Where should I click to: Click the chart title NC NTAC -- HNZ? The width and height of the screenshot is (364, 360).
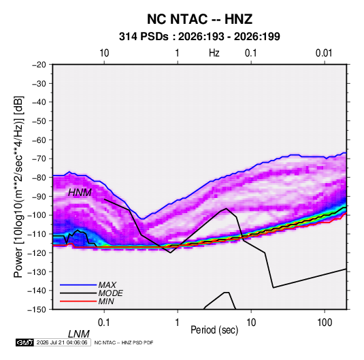[x=199, y=19]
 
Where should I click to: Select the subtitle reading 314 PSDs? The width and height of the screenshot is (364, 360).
[x=144, y=37]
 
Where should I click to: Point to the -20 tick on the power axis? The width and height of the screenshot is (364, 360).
[x=39, y=65]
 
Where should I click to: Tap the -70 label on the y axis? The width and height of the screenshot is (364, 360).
[x=39, y=159]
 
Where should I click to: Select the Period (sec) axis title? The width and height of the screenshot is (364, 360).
[x=214, y=329]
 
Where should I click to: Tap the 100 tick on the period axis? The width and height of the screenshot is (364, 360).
[x=325, y=323]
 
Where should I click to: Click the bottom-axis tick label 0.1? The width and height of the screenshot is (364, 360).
[x=103, y=323]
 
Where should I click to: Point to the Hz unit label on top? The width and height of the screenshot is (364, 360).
[x=214, y=53]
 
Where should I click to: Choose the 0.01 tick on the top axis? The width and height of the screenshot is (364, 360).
[x=324, y=53]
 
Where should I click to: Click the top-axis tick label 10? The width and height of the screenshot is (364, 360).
[x=104, y=53]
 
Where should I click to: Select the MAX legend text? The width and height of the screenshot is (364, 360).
[x=107, y=284]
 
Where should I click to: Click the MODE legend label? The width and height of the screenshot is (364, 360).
[x=110, y=293]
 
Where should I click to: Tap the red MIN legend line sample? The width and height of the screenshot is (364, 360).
[x=78, y=301]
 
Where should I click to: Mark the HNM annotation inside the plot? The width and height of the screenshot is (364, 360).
[x=80, y=193]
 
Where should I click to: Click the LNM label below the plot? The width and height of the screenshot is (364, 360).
[x=78, y=334]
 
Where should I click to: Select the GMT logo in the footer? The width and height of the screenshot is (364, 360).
[x=25, y=342]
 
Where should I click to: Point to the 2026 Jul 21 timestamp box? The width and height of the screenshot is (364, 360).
[x=62, y=342]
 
